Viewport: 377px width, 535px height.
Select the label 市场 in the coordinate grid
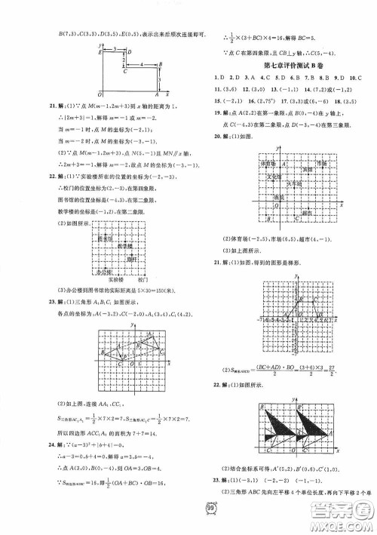[x=323, y=163]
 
